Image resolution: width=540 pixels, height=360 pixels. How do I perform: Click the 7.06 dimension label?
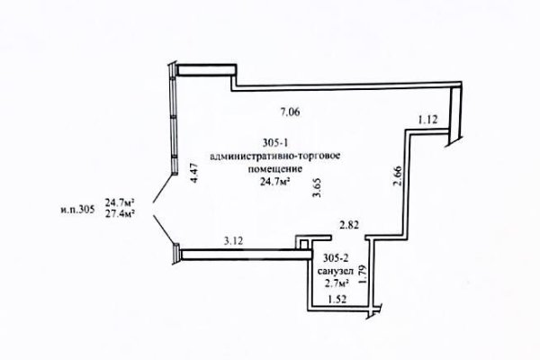[x=291, y=112]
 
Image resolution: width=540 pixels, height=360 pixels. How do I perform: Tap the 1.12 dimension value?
[x=427, y=120]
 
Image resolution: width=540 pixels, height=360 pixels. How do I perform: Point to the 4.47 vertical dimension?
[x=194, y=173]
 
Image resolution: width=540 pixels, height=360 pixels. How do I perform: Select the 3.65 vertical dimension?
[x=317, y=187]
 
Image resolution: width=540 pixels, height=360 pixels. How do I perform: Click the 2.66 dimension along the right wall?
[x=397, y=175]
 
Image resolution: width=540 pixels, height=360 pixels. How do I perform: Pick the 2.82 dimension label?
[x=349, y=225]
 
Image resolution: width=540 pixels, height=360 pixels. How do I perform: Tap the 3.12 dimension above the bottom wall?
[x=233, y=241]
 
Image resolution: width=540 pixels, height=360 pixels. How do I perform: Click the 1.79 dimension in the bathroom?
[x=362, y=274]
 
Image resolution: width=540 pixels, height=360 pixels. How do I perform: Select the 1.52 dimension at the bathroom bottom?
[x=337, y=300]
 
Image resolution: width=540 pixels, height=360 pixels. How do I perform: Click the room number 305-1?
[x=275, y=142]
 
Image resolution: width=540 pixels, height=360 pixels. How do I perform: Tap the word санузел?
[x=336, y=271]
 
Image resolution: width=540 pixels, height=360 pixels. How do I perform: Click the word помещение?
[x=275, y=169]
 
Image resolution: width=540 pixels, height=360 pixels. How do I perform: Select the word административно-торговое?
[x=275, y=156]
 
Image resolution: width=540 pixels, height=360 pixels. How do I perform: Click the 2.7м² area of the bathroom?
[x=336, y=283]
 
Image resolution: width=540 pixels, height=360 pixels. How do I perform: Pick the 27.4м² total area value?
[x=120, y=214]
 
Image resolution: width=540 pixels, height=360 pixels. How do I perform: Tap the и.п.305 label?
[x=77, y=210]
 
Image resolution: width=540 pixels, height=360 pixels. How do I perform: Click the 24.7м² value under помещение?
[x=274, y=182]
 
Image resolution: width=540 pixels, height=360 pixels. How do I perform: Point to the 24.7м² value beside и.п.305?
[x=120, y=202]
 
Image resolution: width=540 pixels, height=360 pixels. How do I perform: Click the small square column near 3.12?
[x=303, y=244]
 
